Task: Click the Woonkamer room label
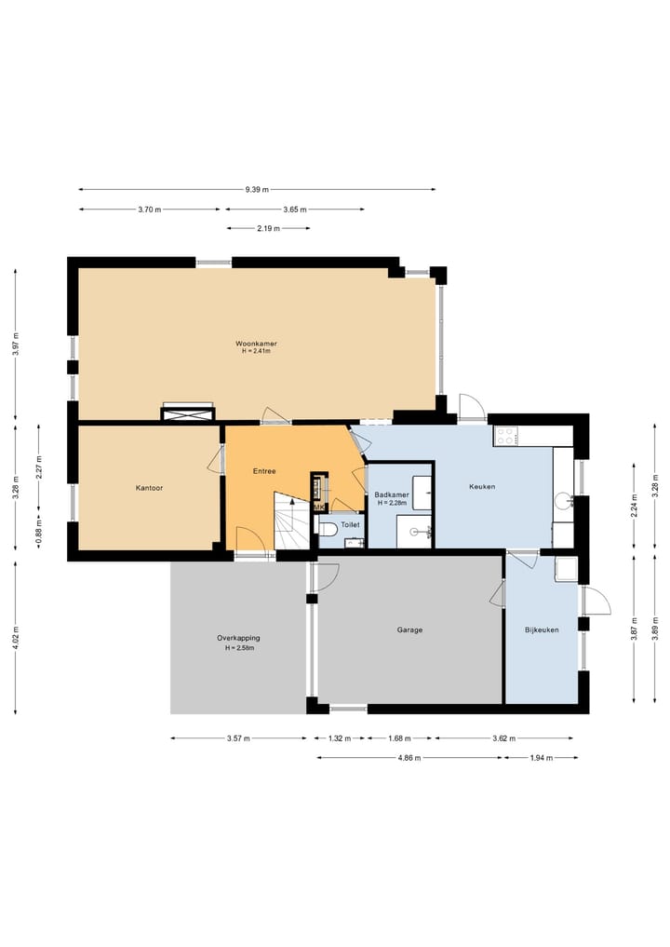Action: coord(257,344)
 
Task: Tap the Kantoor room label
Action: coord(149,488)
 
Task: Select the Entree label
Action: coord(264,471)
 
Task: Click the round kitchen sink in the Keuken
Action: coord(564,499)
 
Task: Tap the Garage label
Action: coord(409,629)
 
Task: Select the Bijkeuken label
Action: coord(542,629)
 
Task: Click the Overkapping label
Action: coord(238,638)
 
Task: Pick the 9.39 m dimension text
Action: coord(257,190)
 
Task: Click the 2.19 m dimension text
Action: coord(269,228)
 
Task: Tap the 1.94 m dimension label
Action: coord(541,758)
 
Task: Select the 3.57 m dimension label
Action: coord(238,738)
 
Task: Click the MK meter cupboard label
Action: coord(318,507)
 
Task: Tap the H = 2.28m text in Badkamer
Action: coord(392,503)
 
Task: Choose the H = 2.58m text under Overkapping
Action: coord(240,648)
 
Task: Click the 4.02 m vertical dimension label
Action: coord(16,638)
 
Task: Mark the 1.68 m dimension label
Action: coord(399,738)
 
